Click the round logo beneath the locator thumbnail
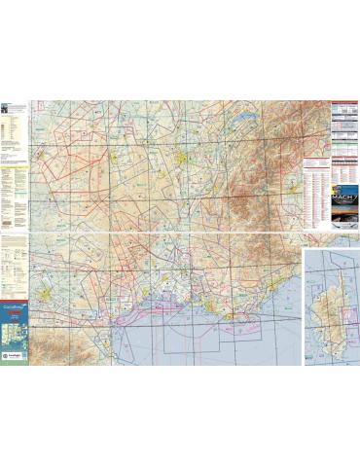(x=13, y=358)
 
